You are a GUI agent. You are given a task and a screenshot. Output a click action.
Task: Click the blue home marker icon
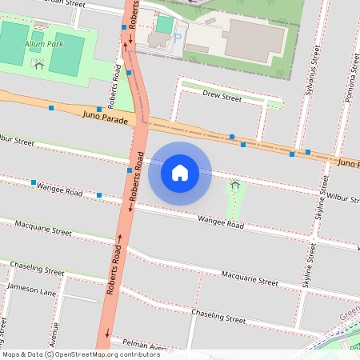point(180,172)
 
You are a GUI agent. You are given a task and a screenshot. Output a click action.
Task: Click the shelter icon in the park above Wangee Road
point(234,185)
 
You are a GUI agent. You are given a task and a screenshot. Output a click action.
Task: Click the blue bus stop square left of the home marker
point(129,170)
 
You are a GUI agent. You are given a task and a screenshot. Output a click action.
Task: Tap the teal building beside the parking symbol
point(165,25)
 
